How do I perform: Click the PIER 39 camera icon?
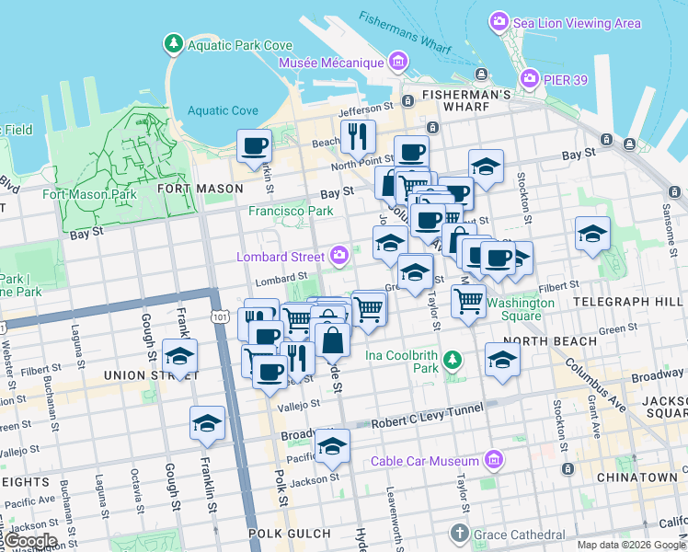[530, 78]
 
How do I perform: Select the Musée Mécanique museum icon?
[398, 63]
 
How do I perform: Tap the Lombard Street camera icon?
[339, 255]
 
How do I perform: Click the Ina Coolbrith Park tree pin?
[452, 361]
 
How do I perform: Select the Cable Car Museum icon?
[494, 460]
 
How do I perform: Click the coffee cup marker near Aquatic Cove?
[254, 144]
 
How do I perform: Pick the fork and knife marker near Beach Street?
[358, 136]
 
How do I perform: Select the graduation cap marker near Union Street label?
[179, 356]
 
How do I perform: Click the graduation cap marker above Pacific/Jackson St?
[332, 446]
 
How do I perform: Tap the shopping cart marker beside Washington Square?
[469, 300]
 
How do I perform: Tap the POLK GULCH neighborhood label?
[289, 534]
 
